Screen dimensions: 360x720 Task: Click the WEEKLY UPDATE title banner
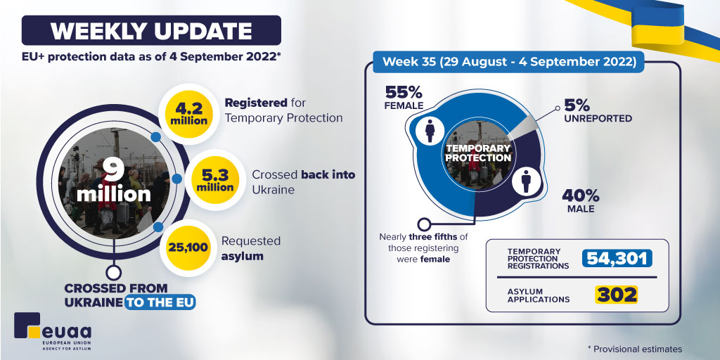(151, 31)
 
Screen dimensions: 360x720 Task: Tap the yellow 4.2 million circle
(188, 113)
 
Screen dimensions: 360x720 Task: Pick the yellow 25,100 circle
(186, 248)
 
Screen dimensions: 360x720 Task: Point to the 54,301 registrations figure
(617, 259)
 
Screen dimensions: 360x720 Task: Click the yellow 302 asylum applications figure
(617, 294)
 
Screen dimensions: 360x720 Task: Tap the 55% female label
(404, 97)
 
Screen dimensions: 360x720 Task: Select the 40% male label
(581, 200)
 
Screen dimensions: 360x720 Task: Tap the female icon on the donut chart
(429, 130)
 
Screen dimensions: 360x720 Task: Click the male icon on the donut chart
(525, 181)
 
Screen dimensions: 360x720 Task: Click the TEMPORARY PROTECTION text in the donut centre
(478, 153)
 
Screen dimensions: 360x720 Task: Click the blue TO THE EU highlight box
(160, 302)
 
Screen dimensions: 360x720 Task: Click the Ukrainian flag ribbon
(661, 25)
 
